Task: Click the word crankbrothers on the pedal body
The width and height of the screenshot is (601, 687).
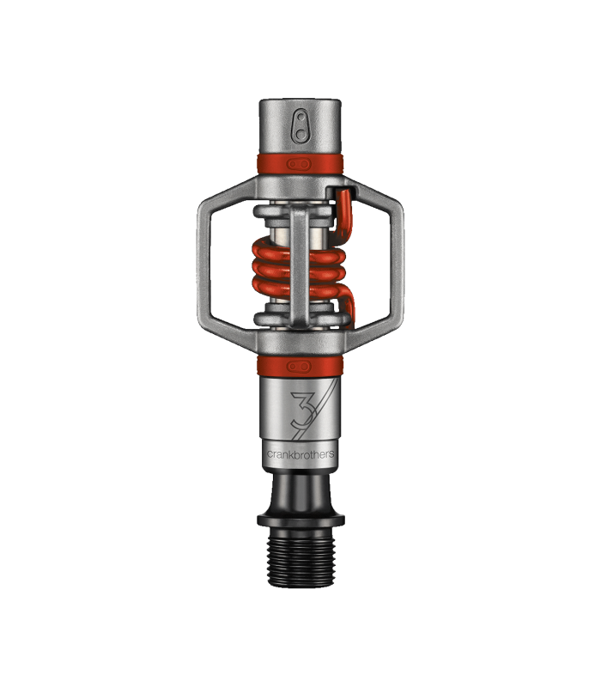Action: [x=300, y=454]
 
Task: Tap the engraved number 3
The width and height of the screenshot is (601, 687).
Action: [x=303, y=410]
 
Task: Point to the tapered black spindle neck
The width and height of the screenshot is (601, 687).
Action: [x=301, y=493]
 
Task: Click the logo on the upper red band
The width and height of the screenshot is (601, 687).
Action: [x=299, y=164]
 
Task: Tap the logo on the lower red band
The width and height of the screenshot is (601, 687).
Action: [x=299, y=367]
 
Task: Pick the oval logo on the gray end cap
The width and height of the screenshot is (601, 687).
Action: [x=301, y=126]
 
